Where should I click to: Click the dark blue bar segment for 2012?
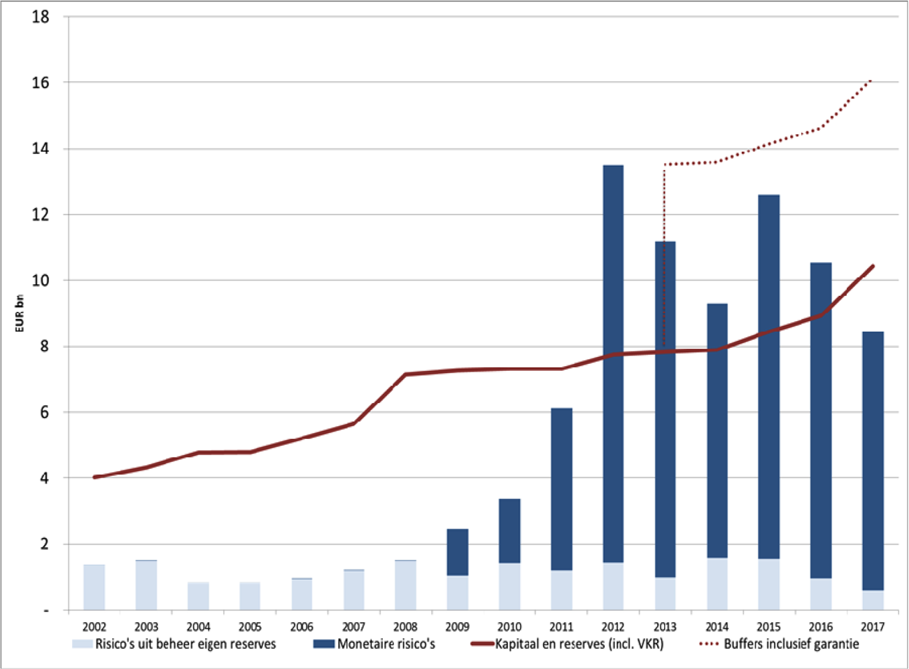pos(613,364)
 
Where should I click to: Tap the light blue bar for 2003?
pos(146,585)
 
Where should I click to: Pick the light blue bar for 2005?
pos(250,596)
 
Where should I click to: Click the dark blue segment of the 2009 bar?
pos(458,552)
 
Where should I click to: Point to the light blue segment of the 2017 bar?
pos(873,600)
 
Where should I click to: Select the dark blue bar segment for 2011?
pos(561,489)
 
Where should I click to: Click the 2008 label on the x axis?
pos(406,626)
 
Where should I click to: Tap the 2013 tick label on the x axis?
pos(665,626)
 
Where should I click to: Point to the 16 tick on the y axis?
pos(41,83)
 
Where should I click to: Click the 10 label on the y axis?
pos(41,281)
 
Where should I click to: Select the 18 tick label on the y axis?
pos(41,17)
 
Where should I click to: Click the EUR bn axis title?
pos(20,313)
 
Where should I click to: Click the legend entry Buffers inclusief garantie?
pos(791,644)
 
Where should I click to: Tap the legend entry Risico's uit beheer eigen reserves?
pos(185,644)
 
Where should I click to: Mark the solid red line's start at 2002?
pos(94,477)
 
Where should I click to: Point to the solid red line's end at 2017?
pos(873,266)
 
